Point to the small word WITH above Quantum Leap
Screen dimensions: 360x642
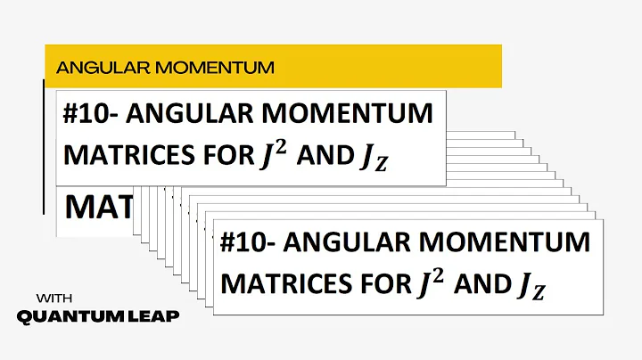click(x=53, y=298)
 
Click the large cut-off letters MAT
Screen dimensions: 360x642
click(x=97, y=209)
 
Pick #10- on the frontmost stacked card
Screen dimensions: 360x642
click(x=252, y=242)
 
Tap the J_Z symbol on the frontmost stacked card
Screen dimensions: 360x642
click(x=529, y=287)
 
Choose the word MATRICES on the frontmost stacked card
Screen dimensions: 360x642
click(x=284, y=284)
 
